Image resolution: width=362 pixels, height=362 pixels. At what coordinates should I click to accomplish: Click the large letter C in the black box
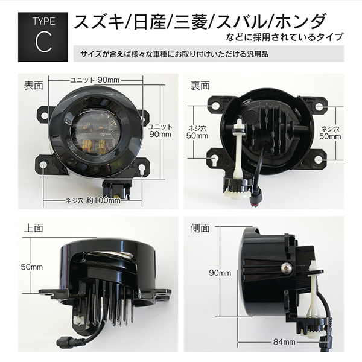pos(43,42)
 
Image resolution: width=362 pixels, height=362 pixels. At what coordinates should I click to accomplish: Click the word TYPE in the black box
pos(44,21)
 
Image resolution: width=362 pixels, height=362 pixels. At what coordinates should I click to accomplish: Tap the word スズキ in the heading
pos(100,22)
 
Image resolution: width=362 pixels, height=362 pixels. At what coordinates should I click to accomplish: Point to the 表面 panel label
pos(34,86)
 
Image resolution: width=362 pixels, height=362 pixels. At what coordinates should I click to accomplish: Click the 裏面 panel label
pos(200,86)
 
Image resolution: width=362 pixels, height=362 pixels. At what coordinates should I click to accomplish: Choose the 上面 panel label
pos(34,228)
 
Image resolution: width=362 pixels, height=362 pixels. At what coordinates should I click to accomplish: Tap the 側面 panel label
pos(200,228)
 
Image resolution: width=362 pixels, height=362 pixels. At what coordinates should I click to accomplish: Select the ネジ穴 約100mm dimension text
pos(93,201)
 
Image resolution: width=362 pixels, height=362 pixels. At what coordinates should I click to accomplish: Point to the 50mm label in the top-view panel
pos(32,267)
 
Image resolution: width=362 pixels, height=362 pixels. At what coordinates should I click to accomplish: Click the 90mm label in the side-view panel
pos(220,273)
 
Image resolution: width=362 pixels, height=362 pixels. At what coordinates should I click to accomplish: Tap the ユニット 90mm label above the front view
pos(95,80)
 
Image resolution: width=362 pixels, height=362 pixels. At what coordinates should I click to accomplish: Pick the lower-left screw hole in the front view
pos(43,165)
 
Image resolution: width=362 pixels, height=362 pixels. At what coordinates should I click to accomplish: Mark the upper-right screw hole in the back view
pos(319,107)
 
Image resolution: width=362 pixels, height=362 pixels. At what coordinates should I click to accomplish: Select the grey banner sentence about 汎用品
pos(174,54)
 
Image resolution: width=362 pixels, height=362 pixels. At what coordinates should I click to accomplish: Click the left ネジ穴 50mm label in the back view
pos(197,132)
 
